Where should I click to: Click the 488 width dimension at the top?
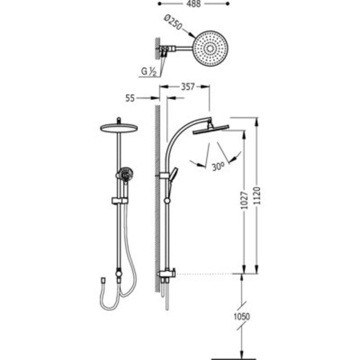(x=194, y=4)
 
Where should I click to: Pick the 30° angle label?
(x=218, y=166)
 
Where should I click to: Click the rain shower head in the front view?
(x=118, y=128)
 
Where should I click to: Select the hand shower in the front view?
(x=124, y=175)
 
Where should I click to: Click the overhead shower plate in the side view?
(x=210, y=130)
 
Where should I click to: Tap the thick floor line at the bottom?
(x=233, y=358)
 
